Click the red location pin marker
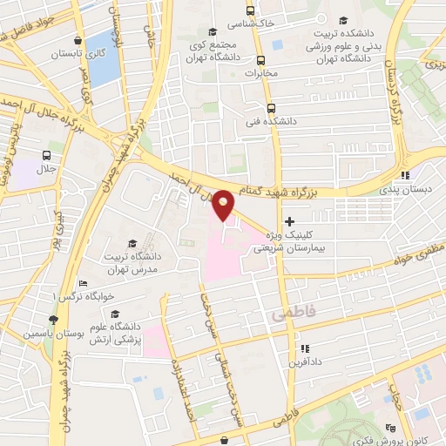(224, 204)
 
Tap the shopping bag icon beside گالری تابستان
(78, 39)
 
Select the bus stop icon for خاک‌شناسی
(251, 11)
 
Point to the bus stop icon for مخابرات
(260, 60)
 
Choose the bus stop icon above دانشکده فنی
(271, 108)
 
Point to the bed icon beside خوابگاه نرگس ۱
(83, 283)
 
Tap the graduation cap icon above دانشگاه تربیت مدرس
(132, 243)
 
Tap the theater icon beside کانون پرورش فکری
(392, 428)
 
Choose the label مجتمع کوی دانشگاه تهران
(211, 51)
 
